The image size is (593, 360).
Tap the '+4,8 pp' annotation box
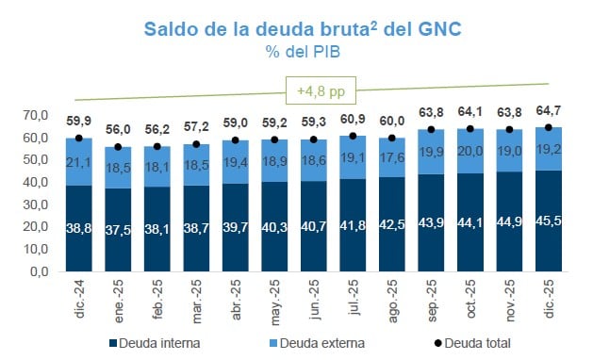tap(313, 92)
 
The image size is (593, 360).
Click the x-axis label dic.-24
tap(79, 297)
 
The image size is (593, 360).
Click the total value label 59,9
tap(78, 122)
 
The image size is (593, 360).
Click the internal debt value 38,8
tap(78, 228)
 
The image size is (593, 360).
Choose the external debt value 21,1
tap(78, 162)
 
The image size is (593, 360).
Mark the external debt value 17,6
tap(391, 158)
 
